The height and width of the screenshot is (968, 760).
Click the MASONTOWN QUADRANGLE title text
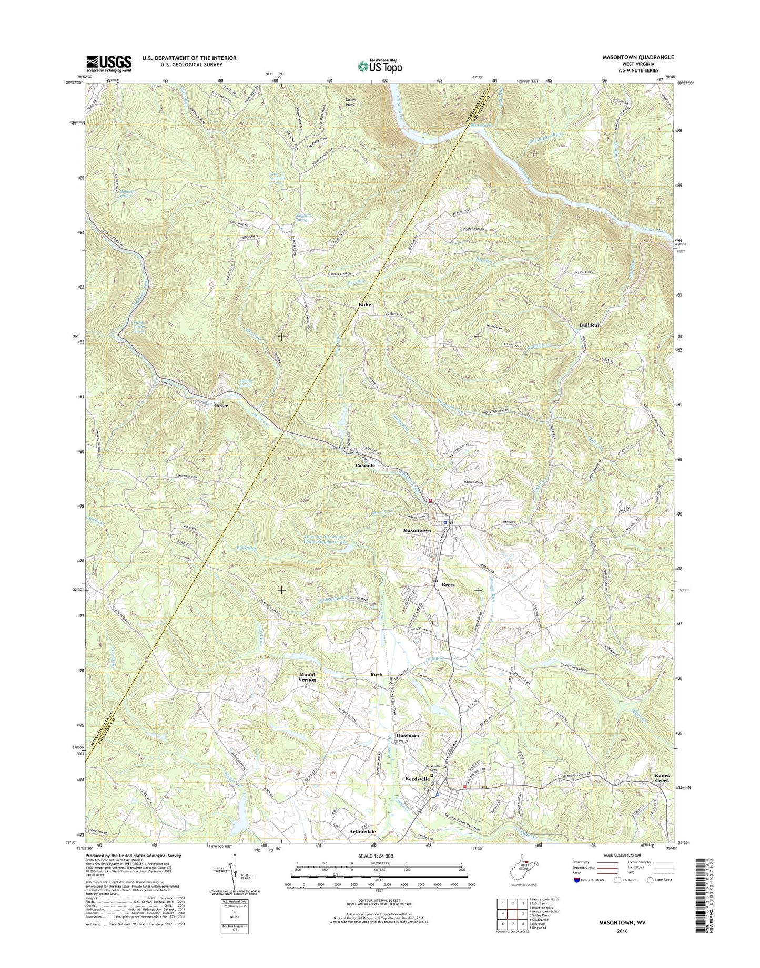tap(636, 57)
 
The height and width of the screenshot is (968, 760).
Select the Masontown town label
tap(417, 531)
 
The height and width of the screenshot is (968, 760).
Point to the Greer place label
tap(221, 406)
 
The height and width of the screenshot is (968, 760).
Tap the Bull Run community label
tap(590, 325)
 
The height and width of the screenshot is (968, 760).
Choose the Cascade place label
tap(365, 466)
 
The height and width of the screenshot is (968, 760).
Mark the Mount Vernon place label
tap(308, 677)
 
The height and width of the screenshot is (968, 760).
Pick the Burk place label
tap(376, 674)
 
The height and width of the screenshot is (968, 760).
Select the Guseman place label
tap(408, 735)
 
